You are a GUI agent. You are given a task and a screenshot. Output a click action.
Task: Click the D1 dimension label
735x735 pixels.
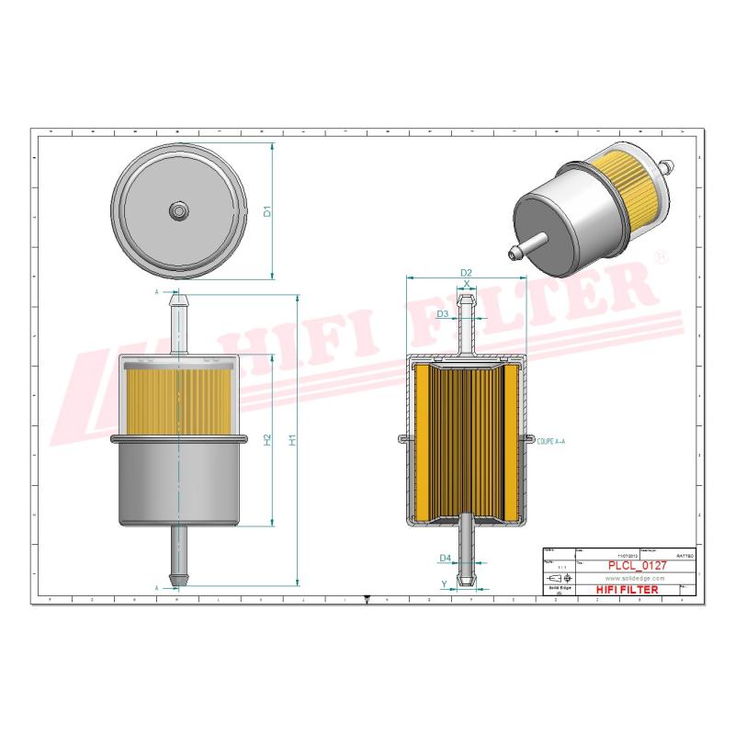267,211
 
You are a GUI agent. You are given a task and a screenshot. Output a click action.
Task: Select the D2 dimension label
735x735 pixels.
466,273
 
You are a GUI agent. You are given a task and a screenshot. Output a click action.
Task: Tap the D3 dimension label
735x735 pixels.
442,314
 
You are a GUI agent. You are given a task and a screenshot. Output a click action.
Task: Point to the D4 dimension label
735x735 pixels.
444,558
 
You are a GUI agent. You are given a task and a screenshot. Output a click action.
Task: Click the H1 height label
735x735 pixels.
292,440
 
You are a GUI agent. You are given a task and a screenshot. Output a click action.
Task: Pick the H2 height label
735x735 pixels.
267,440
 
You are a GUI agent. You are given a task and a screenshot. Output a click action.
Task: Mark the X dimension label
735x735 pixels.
467,283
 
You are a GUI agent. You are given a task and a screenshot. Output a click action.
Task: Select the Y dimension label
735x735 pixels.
444,583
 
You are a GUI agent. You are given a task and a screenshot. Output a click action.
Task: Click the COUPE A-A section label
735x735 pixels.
551,442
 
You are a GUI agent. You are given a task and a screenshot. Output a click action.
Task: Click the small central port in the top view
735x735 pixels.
176,211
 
